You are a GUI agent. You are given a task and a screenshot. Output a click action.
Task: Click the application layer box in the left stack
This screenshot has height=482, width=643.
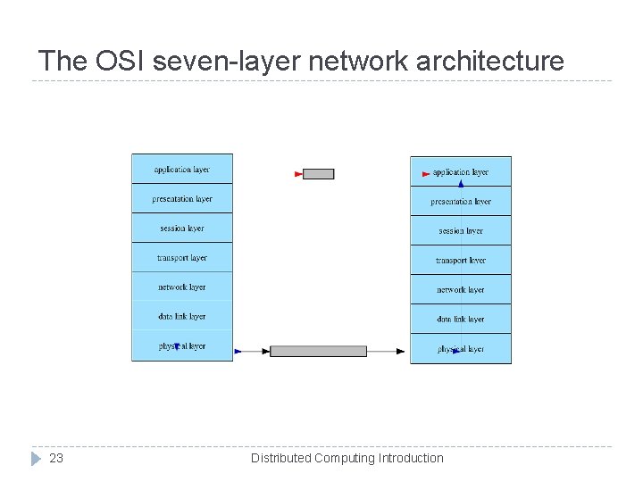(182, 169)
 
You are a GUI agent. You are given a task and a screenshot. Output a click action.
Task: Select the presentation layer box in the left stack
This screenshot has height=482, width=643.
(182, 198)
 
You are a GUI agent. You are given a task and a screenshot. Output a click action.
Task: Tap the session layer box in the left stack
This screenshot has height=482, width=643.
(182, 228)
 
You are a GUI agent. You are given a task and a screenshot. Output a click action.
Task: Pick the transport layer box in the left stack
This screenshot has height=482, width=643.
(182, 257)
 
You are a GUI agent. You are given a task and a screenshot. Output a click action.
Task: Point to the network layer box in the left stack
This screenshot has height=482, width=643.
(182, 287)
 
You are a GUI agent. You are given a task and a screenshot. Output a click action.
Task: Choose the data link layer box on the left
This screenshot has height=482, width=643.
(182, 316)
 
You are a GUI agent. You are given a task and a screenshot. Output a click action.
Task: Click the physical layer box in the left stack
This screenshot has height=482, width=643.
(182, 345)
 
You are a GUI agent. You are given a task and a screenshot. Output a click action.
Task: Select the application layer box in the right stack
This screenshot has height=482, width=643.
(461, 171)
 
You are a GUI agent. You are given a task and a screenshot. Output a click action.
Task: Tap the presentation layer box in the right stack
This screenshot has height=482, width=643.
(461, 201)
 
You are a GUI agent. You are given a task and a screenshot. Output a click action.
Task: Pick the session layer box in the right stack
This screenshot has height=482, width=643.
(461, 230)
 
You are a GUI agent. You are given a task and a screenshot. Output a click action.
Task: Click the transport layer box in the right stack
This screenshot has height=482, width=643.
(461, 260)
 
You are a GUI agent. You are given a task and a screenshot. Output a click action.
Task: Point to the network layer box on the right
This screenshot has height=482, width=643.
(461, 289)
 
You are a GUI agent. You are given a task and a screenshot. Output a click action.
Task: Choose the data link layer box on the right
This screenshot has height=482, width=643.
(461, 319)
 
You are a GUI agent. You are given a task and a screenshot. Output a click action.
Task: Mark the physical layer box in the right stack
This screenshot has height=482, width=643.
(461, 348)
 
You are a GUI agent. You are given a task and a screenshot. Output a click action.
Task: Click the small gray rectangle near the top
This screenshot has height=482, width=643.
(318, 174)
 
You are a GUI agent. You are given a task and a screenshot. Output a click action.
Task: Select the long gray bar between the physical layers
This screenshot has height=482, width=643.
(318, 351)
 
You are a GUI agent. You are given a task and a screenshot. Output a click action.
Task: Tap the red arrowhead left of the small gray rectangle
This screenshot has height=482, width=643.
(299, 174)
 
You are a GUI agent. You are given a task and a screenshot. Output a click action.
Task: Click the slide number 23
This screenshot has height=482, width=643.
(56, 458)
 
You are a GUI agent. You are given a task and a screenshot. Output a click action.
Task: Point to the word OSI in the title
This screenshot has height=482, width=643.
(119, 61)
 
